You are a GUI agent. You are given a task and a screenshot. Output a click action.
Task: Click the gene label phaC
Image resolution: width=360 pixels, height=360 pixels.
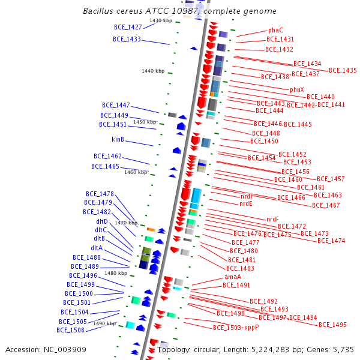275,30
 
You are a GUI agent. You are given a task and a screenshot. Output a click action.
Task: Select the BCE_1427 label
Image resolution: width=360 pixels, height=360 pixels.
128,27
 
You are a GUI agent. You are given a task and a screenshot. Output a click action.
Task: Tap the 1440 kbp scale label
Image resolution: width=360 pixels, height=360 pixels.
153,71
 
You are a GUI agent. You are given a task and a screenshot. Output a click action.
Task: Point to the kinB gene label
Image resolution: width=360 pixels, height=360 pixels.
118,140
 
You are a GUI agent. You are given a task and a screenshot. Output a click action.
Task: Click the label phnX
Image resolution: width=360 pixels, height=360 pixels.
297,89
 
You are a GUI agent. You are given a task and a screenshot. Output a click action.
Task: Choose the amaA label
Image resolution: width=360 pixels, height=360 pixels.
233,277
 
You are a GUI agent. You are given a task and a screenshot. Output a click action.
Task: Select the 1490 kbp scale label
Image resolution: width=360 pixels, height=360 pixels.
104,323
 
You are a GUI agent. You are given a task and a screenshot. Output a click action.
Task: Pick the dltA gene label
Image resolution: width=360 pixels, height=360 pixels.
97,248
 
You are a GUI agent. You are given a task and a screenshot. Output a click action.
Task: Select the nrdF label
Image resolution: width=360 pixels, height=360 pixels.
272,219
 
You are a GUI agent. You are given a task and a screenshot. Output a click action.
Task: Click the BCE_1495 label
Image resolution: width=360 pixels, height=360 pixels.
332,325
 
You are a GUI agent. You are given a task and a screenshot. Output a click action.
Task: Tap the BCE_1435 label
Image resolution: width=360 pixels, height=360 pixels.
343,70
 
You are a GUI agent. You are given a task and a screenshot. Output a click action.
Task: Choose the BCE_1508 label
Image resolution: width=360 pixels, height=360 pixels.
71,330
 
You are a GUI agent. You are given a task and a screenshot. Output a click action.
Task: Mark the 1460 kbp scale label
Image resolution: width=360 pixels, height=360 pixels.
136,172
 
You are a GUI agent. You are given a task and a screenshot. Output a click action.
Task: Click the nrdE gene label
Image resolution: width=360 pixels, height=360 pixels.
246,203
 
